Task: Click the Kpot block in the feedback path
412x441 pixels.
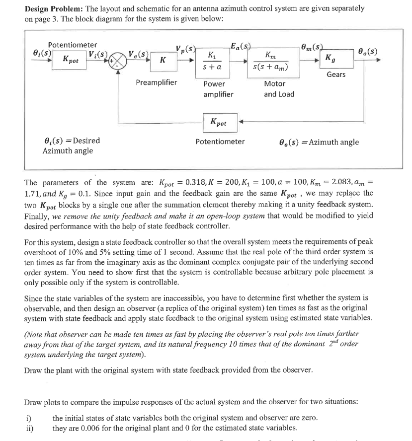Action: [x=219, y=122]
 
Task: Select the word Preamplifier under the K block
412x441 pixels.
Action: [x=157, y=82]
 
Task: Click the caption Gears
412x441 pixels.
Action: [x=336, y=74]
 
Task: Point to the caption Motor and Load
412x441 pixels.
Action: [x=278, y=89]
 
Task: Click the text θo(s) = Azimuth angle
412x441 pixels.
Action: [x=318, y=142]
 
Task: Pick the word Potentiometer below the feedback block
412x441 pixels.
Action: [x=220, y=142]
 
